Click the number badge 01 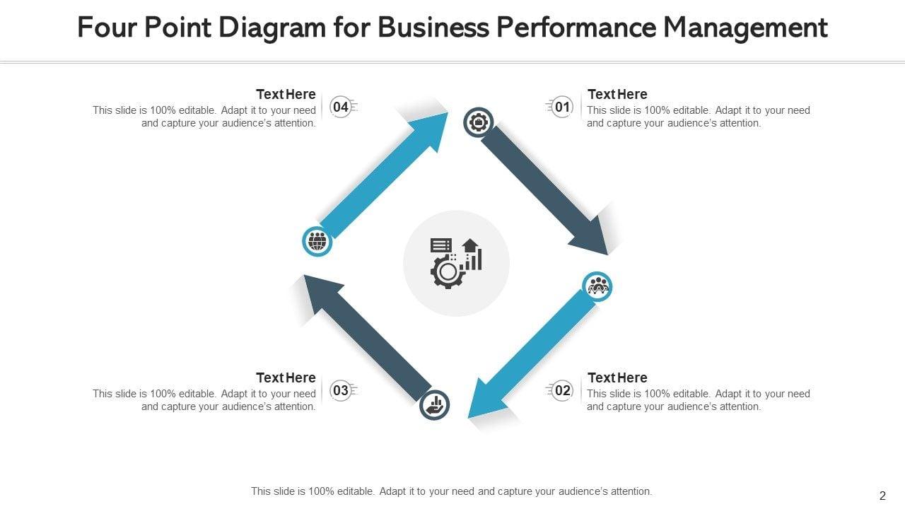pyautogui.click(x=562, y=107)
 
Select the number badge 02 pyautogui.click(x=562, y=390)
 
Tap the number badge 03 pyautogui.click(x=341, y=390)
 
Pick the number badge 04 pyautogui.click(x=341, y=107)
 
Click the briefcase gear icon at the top pyautogui.click(x=479, y=123)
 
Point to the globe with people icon pyautogui.click(x=317, y=242)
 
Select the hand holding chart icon pyautogui.click(x=434, y=405)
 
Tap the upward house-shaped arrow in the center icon pyautogui.click(x=470, y=245)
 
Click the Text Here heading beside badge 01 pyautogui.click(x=617, y=94)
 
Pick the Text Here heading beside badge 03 pyautogui.click(x=286, y=378)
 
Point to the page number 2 pyautogui.click(x=882, y=496)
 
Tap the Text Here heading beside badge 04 pyautogui.click(x=286, y=94)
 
